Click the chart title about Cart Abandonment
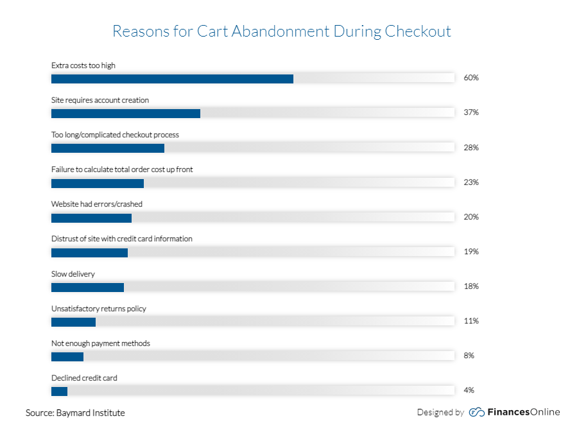pos(281,31)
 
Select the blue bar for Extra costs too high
pos(172,79)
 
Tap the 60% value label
pos(471,78)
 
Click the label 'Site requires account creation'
pos(100,100)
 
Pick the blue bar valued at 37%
pos(126,114)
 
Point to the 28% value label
pos(471,148)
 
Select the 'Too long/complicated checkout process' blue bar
pos(108,148)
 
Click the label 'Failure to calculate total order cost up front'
pos(122,169)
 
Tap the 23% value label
pos(471,182)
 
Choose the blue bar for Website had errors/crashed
pos(91,218)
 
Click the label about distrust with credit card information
pos(122,239)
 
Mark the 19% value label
pos(471,252)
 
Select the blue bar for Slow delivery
pos(87,287)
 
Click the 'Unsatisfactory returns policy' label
pos(99,309)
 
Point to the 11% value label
pos(471,321)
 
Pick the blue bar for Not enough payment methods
pos(67,356)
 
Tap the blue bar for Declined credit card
pos(59,391)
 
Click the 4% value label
pos(469,390)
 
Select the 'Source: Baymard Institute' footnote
pos(75,413)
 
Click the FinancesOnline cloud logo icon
pos(476,412)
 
